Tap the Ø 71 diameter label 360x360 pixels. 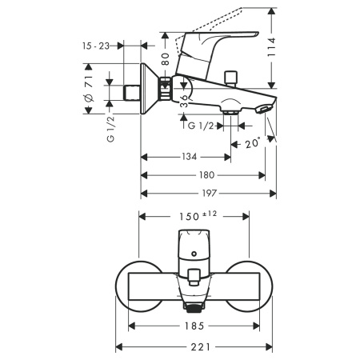click(90, 86)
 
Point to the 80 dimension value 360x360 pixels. click(166, 58)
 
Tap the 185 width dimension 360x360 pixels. click(191, 326)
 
